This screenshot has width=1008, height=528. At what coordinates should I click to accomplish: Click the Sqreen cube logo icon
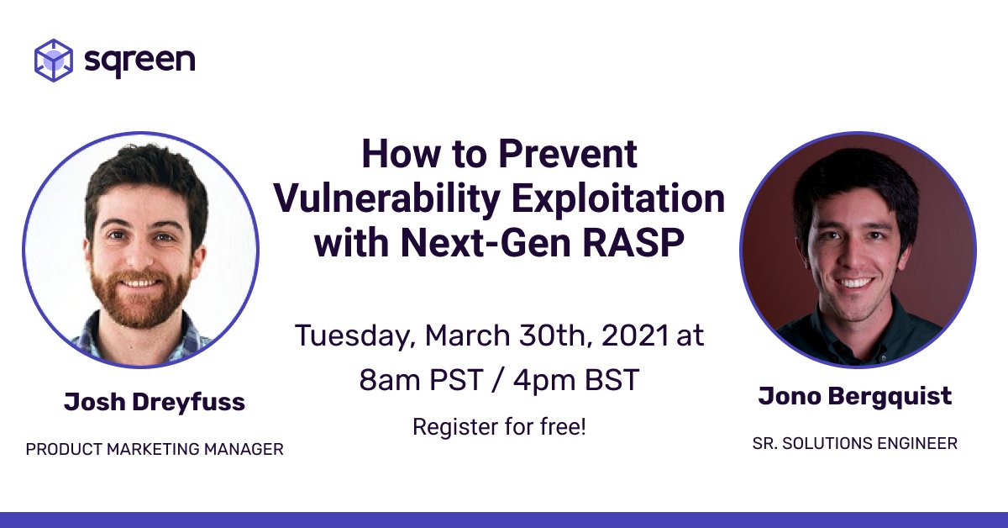click(x=53, y=60)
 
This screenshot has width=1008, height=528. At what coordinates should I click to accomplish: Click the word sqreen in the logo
click(x=139, y=61)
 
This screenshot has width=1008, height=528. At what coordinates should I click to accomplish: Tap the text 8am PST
click(x=417, y=380)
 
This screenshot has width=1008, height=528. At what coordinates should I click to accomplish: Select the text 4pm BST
click(x=579, y=380)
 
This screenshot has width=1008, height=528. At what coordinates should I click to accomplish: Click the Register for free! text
click(x=499, y=426)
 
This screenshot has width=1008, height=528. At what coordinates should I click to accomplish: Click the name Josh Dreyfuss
click(x=155, y=402)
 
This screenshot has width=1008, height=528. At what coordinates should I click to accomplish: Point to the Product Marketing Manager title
click(x=155, y=450)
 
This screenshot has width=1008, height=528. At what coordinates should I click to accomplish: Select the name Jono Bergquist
click(x=855, y=396)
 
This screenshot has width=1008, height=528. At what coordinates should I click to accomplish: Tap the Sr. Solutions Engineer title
click(x=855, y=443)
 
